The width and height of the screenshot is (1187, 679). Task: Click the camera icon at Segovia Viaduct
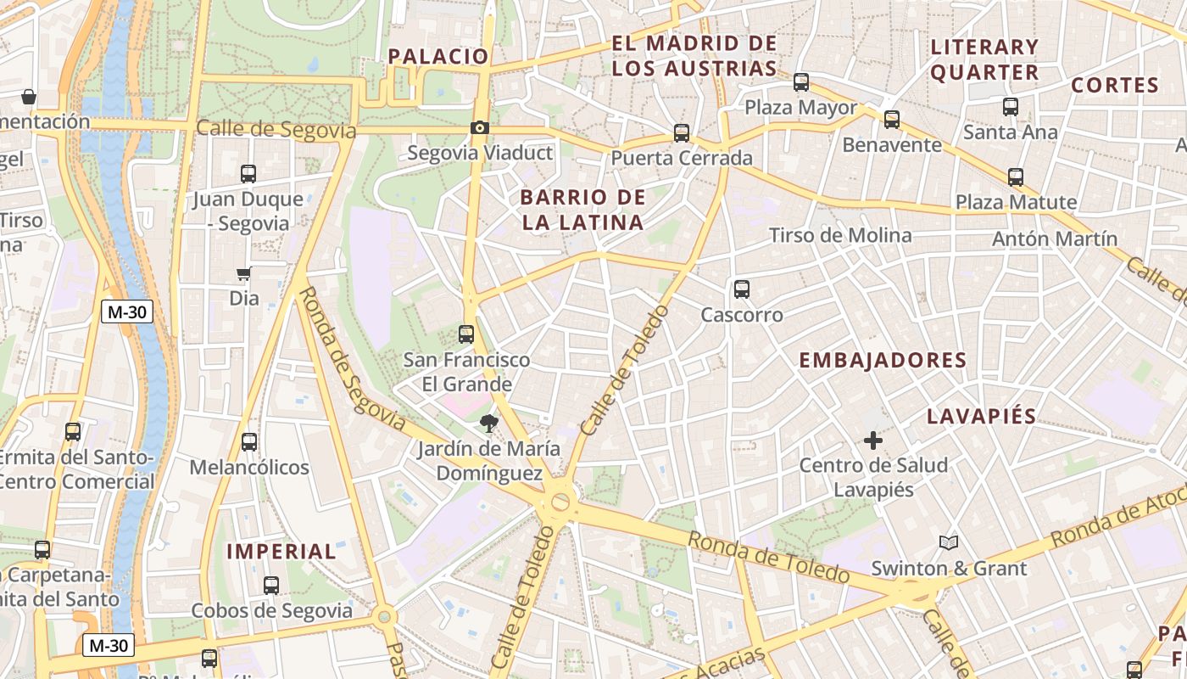[480, 128]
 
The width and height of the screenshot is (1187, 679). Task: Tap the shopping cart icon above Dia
[243, 273]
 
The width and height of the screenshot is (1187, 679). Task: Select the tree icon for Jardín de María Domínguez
[488, 423]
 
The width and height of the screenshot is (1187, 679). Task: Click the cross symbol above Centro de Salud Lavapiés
[872, 441]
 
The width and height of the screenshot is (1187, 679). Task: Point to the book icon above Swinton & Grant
[949, 542]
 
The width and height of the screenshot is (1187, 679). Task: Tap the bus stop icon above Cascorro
[742, 289]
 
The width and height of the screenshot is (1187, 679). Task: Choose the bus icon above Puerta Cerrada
[682, 133]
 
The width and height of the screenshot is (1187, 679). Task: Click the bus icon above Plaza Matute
[1016, 177]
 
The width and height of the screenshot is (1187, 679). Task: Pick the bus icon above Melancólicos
[249, 442]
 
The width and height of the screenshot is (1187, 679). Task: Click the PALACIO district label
[438, 57]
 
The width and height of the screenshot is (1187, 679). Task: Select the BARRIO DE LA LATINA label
[582, 210]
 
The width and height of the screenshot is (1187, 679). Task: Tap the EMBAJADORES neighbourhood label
[883, 360]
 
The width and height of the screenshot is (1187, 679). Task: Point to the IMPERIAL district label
[281, 551]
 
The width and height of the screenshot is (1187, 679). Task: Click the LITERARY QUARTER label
[984, 59]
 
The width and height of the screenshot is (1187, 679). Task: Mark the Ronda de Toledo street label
[768, 557]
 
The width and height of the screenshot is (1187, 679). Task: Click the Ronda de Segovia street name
[352, 358]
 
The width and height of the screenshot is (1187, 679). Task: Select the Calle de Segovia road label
[276, 129]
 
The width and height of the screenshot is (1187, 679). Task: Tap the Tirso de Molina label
[840, 235]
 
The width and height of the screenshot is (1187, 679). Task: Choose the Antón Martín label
[1055, 238]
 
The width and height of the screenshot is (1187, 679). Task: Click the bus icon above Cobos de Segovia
[271, 586]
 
